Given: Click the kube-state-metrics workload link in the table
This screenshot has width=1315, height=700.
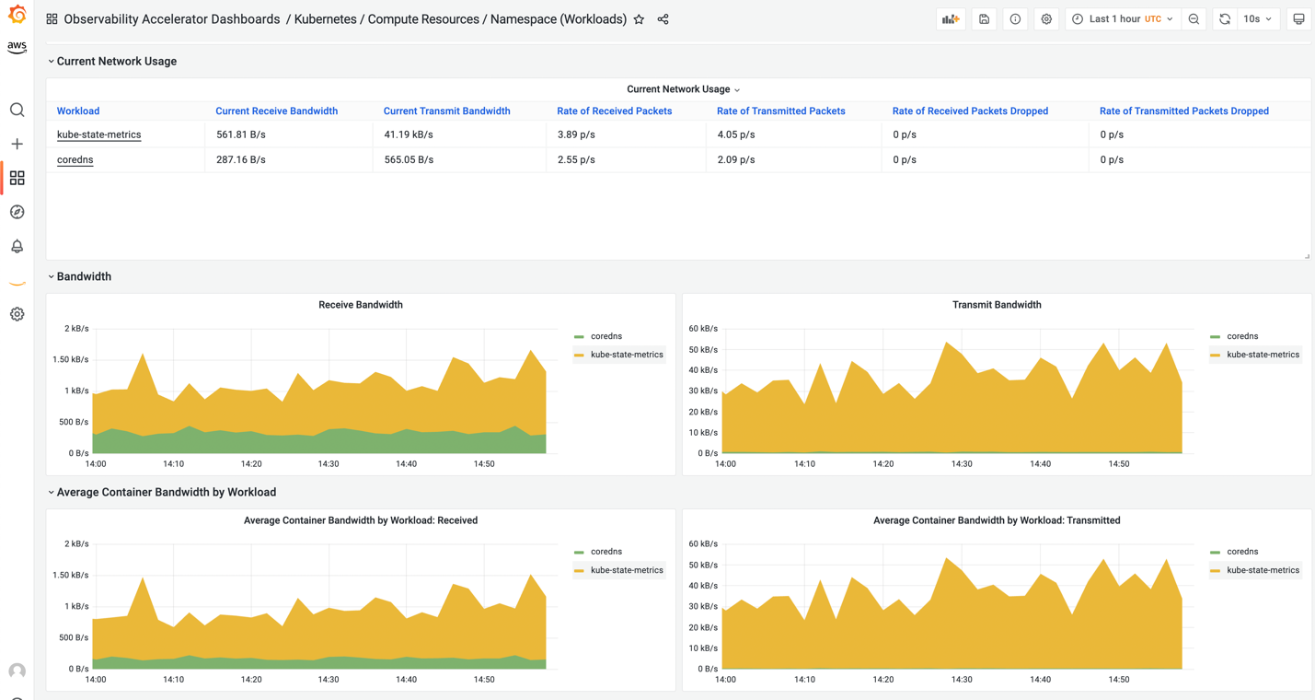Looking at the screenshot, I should pyautogui.click(x=98, y=134).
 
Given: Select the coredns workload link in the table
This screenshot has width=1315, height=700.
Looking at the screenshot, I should pyautogui.click(x=75, y=159).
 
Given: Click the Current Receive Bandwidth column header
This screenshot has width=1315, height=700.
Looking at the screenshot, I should pyautogui.click(x=276, y=111).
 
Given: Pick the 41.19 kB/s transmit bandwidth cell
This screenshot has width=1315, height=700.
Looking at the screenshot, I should pyautogui.click(x=409, y=134).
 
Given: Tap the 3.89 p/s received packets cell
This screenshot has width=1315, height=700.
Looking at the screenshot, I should pyautogui.click(x=576, y=134).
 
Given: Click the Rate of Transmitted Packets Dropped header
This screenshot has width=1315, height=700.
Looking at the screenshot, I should pyautogui.click(x=1183, y=111).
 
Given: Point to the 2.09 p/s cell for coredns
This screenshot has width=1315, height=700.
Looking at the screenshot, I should pyautogui.click(x=735, y=159).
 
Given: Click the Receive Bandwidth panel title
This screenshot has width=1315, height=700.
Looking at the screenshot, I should pyautogui.click(x=360, y=305).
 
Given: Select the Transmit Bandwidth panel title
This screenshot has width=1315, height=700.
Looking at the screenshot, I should pyautogui.click(x=997, y=305).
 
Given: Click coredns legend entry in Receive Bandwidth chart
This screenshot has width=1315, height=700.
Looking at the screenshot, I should pyautogui.click(x=606, y=336).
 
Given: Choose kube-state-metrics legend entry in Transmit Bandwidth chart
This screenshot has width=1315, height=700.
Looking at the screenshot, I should pyautogui.click(x=1263, y=355).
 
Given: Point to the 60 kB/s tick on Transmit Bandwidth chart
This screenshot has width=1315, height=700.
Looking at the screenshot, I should pyautogui.click(x=703, y=329).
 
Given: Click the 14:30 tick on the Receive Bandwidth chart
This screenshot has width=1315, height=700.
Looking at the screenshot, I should pyautogui.click(x=329, y=464).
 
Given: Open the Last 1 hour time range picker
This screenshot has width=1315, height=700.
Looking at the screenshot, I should pyautogui.click(x=1123, y=19).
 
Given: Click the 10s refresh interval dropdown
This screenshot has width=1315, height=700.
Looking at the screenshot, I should pyautogui.click(x=1258, y=19).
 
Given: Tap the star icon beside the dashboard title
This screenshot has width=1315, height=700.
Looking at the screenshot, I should pyautogui.click(x=639, y=19).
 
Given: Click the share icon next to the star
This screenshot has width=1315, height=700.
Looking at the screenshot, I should pyautogui.click(x=663, y=19).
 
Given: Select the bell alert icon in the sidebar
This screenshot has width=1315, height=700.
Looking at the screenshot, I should pyautogui.click(x=17, y=246).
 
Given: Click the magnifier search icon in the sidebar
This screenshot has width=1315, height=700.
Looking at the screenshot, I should pyautogui.click(x=17, y=111).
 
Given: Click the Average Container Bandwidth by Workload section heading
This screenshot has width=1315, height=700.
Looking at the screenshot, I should pyautogui.click(x=166, y=493).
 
